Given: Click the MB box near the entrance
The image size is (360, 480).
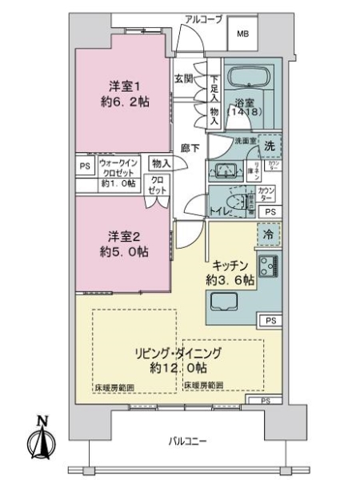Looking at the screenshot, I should point(242,35).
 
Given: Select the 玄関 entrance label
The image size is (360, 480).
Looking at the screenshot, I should point(184,79).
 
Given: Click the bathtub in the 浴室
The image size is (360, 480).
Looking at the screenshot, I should point(249,79).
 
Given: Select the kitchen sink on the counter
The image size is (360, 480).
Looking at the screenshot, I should point(223,302).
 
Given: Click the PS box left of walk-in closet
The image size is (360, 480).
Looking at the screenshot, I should point(85,167).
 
